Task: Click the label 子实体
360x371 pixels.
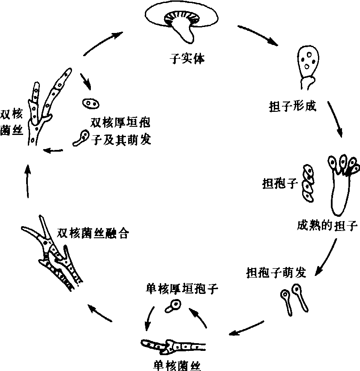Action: pos(187,59)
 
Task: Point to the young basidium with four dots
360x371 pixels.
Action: pos(309,64)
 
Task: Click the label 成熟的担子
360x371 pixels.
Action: pos(327,226)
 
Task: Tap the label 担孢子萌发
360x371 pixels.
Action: pos(276,272)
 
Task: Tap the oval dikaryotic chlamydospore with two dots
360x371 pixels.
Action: pos(90,103)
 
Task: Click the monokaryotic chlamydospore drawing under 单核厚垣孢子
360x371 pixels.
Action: pos(174,306)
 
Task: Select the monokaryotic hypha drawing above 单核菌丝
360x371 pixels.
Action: pos(174,344)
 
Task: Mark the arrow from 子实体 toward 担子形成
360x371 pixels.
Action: pos(257,35)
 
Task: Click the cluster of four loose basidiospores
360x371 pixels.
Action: pos(307,184)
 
